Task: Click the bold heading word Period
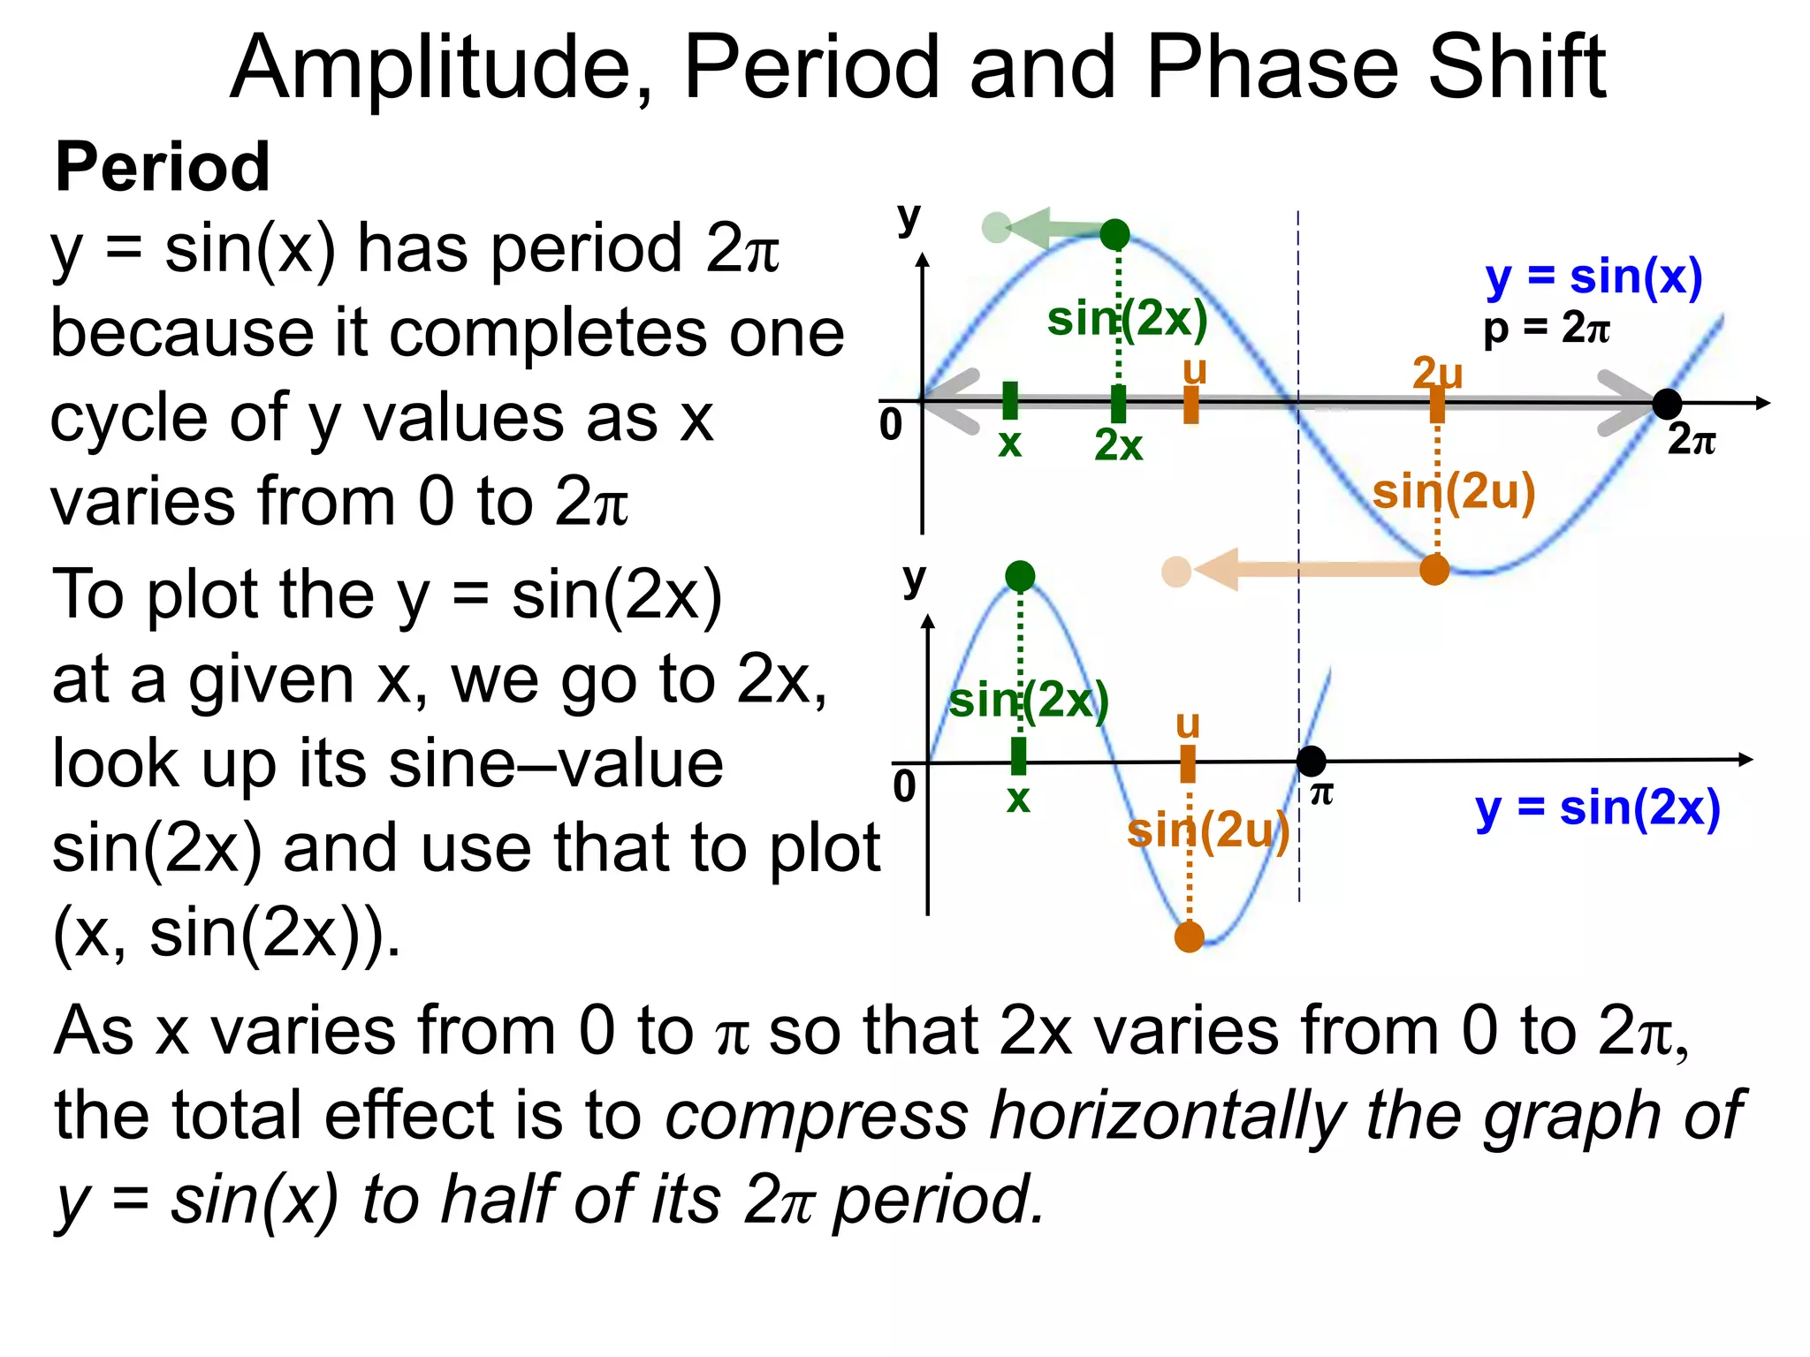(x=163, y=168)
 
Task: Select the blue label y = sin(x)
(x=1593, y=277)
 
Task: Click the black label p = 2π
(x=1547, y=329)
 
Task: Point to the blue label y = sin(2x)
(x=1598, y=809)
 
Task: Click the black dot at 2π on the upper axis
(x=1667, y=404)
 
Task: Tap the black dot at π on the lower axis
(x=1312, y=760)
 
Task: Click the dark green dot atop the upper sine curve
(x=1115, y=234)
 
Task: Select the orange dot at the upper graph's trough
(x=1434, y=570)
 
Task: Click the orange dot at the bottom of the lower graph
(x=1190, y=936)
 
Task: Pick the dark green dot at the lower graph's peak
(x=1020, y=576)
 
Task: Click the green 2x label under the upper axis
(x=1118, y=445)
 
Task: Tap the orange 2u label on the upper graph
(x=1438, y=373)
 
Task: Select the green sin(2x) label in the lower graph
(x=1029, y=700)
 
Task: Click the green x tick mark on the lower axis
(x=1019, y=756)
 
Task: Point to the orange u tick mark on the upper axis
(x=1191, y=405)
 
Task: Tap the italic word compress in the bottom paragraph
(x=817, y=1115)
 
